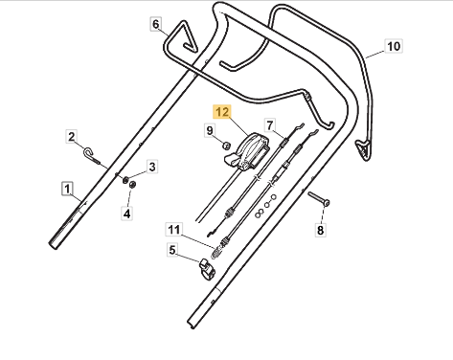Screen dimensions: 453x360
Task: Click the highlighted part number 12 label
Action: (222, 112)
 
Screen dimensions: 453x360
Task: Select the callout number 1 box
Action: (67, 189)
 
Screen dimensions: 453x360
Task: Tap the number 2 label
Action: (72, 137)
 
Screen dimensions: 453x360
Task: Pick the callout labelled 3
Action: (152, 167)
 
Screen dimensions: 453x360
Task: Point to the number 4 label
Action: (127, 214)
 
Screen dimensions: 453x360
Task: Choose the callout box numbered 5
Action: (171, 250)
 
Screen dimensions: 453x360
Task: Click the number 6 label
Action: (155, 24)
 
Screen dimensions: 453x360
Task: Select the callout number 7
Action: (270, 125)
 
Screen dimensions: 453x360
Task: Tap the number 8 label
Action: (320, 230)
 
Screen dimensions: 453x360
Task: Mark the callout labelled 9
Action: (210, 130)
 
